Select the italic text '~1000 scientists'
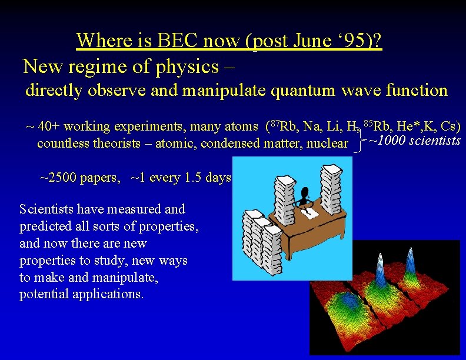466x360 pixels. point(414,141)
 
